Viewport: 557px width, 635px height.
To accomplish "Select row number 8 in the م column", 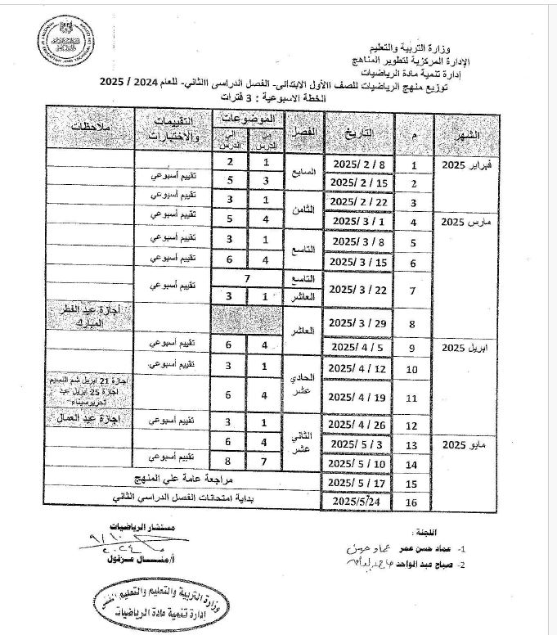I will [x=412, y=324].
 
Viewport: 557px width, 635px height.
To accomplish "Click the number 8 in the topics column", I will [x=231, y=462].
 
